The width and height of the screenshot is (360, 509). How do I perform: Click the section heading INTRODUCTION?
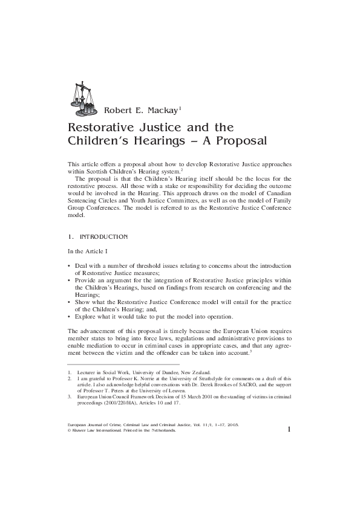pyautogui.click(x=103, y=236)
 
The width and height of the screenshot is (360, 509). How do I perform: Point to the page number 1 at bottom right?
pyautogui.click(x=290, y=429)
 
